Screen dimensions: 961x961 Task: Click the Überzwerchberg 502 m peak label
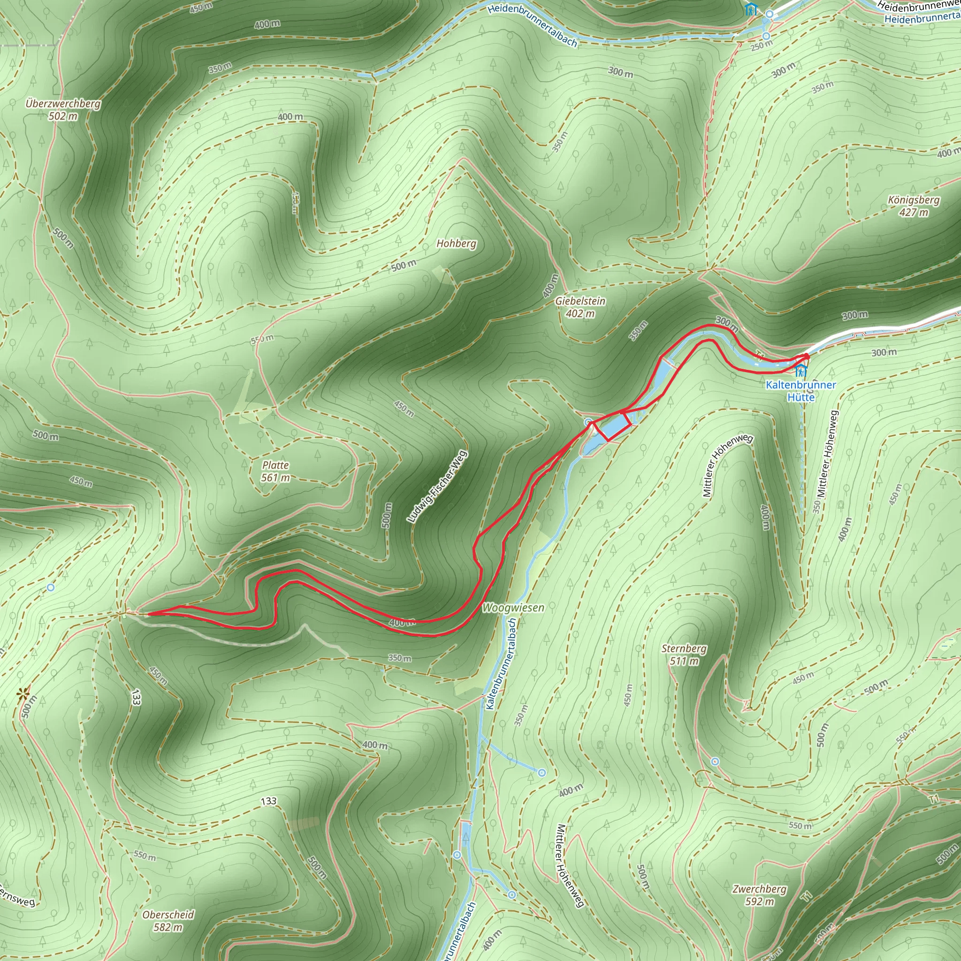63,109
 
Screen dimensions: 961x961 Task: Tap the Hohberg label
456,243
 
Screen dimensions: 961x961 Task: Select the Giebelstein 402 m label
580,307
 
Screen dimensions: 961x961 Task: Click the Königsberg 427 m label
914,206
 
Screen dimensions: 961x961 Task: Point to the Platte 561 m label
275,471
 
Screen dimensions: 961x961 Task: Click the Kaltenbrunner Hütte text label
801,390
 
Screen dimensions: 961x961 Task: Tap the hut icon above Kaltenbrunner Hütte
801,370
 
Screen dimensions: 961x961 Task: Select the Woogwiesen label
513,607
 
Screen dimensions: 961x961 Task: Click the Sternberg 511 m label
684,655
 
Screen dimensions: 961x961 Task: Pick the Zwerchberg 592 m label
759,895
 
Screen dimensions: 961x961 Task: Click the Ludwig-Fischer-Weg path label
437,487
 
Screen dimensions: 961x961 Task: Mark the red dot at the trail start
806,356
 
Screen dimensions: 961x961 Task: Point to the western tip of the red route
149,614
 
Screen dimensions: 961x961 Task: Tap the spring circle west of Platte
50,587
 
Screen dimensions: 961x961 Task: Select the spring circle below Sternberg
715,762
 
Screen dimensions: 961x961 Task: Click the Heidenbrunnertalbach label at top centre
532,25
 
